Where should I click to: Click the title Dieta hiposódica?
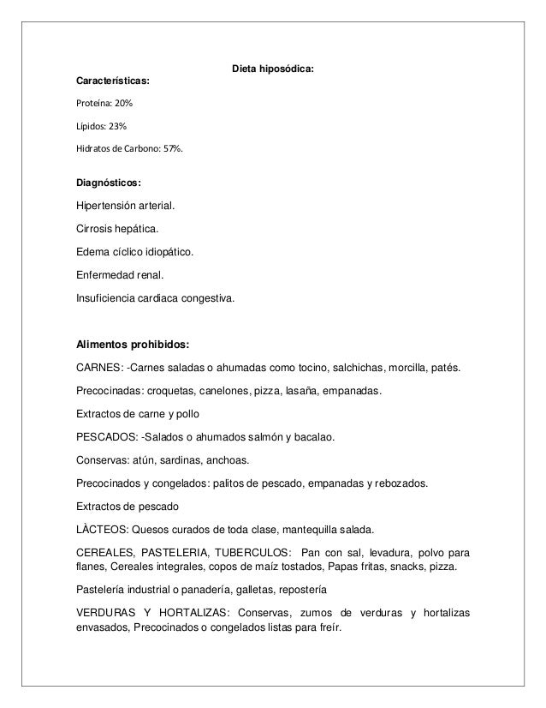(273, 68)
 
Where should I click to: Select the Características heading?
(113, 81)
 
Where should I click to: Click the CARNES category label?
(98, 369)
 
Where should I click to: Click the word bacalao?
(314, 437)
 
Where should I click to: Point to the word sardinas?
(191, 459)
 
